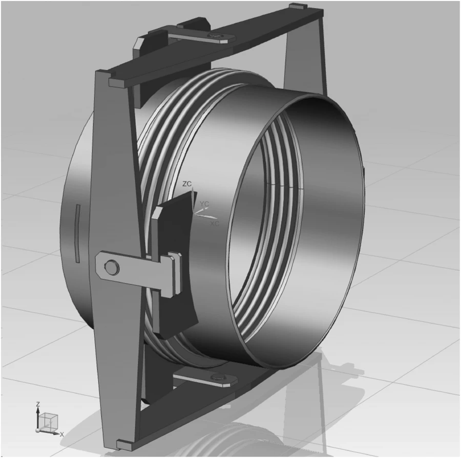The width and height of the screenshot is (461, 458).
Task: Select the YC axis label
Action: [204, 204]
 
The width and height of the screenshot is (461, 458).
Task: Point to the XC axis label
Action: [215, 224]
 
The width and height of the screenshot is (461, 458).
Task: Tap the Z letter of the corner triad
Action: [37, 404]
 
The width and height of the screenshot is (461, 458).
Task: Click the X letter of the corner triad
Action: [62, 434]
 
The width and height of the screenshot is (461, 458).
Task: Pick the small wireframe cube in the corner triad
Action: [49, 422]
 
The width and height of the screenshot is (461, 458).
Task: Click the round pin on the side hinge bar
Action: [110, 266]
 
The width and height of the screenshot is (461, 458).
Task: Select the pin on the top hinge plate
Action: [218, 36]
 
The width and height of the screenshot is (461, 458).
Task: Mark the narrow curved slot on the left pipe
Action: [77, 233]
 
